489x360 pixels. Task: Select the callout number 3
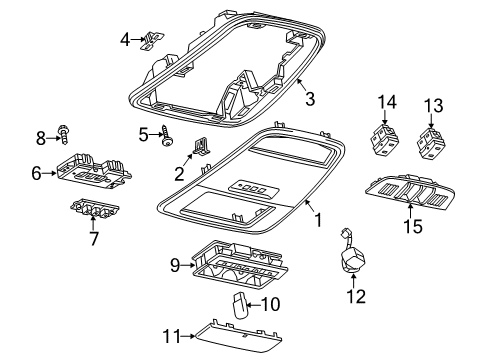pyautogui.click(x=310, y=99)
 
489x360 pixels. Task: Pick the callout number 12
pyautogui.click(x=356, y=296)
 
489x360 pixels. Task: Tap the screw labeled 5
pyautogui.click(x=167, y=140)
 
